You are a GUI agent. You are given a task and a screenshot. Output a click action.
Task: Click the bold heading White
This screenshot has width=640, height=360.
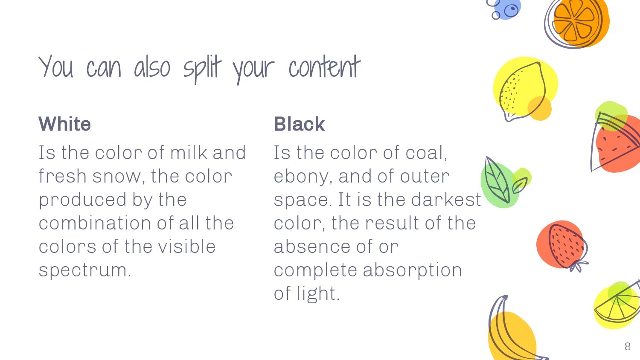coord(64,124)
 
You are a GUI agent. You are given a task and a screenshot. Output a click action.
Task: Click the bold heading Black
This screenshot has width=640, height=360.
coord(299,124)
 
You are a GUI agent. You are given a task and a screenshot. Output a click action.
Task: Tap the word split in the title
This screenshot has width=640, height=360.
coord(202,69)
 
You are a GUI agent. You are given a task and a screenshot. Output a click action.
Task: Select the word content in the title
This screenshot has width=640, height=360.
coord(325,67)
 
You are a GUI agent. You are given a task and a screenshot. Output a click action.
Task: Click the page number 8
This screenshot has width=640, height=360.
coord(628,347)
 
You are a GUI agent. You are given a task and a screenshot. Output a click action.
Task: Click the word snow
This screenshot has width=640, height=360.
coord(116,176)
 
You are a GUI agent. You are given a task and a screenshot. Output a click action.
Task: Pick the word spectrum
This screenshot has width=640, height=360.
coord(85,270)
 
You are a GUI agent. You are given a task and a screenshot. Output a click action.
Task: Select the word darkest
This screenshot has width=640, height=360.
coord(446,200)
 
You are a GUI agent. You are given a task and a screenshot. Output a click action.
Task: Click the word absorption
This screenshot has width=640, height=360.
coord(412,270)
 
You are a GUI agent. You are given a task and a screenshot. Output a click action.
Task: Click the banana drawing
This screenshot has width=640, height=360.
coord(512,331)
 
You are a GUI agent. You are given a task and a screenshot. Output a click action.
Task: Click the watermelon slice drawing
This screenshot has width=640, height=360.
coord(616,142)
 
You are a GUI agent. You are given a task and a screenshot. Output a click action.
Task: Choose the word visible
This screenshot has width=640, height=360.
coord(187,247)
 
